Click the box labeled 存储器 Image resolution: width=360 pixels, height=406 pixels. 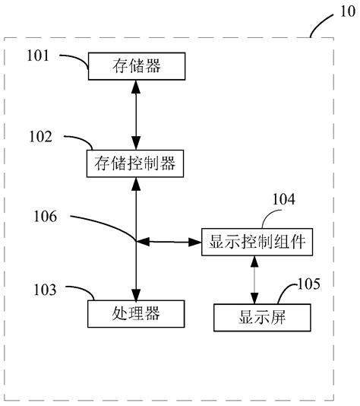136,66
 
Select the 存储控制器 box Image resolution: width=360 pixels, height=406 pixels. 136,162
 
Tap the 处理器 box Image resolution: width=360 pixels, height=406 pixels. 136,312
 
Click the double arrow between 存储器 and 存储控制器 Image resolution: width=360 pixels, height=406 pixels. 136,114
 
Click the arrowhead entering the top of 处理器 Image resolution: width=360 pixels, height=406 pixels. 136,294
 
